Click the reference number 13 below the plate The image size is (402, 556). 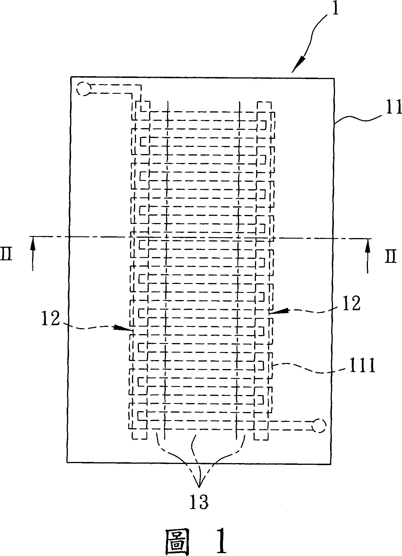coord(199,502)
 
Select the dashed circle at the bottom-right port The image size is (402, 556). coord(319,425)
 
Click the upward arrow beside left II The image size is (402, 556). coord(33,252)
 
